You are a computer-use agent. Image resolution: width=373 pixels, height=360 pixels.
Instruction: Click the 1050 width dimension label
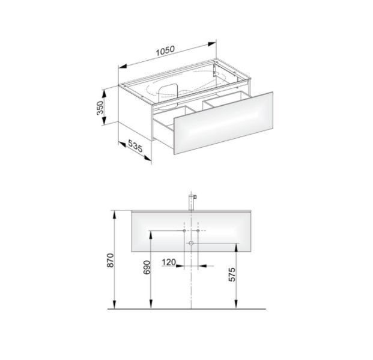[x=165, y=50]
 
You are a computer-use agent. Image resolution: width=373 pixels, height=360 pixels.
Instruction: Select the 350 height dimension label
[x=100, y=108]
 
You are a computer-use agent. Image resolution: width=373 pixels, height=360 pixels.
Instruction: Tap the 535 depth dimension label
[x=135, y=145]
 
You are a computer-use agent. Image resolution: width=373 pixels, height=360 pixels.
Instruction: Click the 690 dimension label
[x=147, y=267]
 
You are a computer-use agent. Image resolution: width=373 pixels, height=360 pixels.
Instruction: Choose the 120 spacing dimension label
[x=169, y=263]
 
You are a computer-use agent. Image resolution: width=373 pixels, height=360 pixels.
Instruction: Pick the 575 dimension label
[x=232, y=275]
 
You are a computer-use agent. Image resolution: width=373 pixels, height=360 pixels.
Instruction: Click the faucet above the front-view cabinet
[x=192, y=202]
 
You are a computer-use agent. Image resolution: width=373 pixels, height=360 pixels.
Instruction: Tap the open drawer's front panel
[x=223, y=123]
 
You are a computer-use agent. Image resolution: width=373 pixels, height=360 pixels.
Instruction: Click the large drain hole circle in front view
[x=191, y=243]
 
